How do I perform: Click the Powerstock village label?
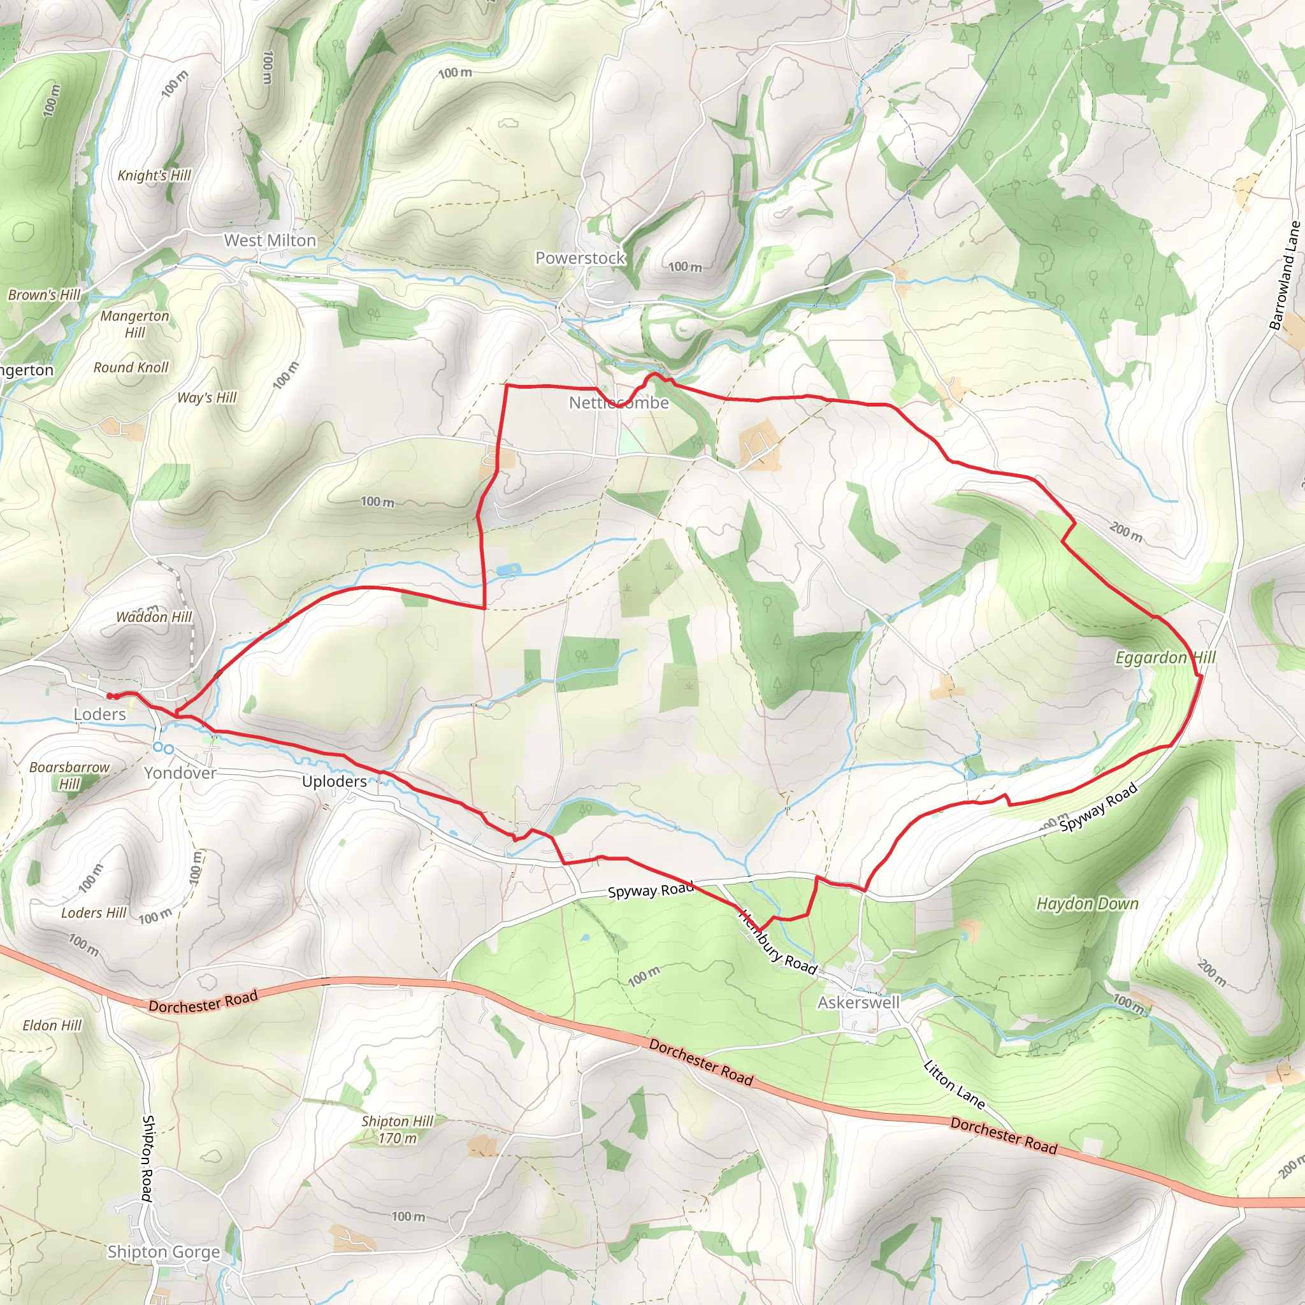[580, 258]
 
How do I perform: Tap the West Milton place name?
[270, 240]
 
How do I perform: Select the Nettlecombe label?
[619, 403]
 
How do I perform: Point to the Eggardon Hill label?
[1165, 658]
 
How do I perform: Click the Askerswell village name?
[858, 1002]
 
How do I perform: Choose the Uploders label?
[335, 781]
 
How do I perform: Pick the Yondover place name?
[180, 773]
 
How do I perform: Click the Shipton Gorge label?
[164, 1251]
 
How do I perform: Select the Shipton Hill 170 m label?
[397, 1129]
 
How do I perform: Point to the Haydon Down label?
[1088, 904]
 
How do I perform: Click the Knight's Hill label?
[154, 176]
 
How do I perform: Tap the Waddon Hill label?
[154, 617]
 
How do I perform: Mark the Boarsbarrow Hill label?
[69, 775]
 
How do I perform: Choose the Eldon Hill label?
[52, 1025]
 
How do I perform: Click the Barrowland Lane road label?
[1285, 275]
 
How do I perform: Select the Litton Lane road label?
[954, 1085]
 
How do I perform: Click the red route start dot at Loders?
[110, 696]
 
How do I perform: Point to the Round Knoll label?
[131, 368]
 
